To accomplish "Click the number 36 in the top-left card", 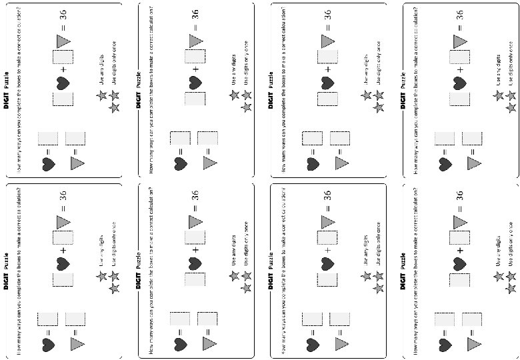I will (62, 15).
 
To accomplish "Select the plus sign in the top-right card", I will (460, 69).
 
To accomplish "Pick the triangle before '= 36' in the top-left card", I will (63, 41).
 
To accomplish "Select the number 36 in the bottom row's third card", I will (327, 195).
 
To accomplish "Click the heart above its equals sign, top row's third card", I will (312, 162).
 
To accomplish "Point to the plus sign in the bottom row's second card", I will (195, 251).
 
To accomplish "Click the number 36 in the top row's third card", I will (327, 15).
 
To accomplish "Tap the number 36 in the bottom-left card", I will (62, 195).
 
